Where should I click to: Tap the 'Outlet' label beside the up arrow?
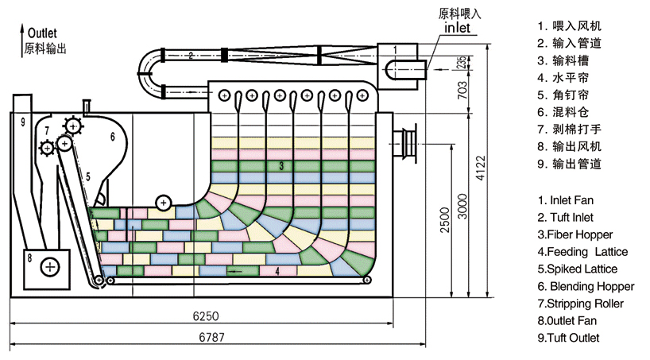tap(41, 33)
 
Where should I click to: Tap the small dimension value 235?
tap(462, 62)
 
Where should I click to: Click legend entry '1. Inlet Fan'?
tap(566, 200)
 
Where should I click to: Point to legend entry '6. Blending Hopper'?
tap(586, 286)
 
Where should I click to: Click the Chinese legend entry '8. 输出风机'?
tap(569, 146)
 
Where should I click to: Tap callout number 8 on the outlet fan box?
tap(29, 257)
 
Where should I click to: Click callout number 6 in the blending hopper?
tap(113, 137)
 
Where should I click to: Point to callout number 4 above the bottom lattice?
tap(277, 271)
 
